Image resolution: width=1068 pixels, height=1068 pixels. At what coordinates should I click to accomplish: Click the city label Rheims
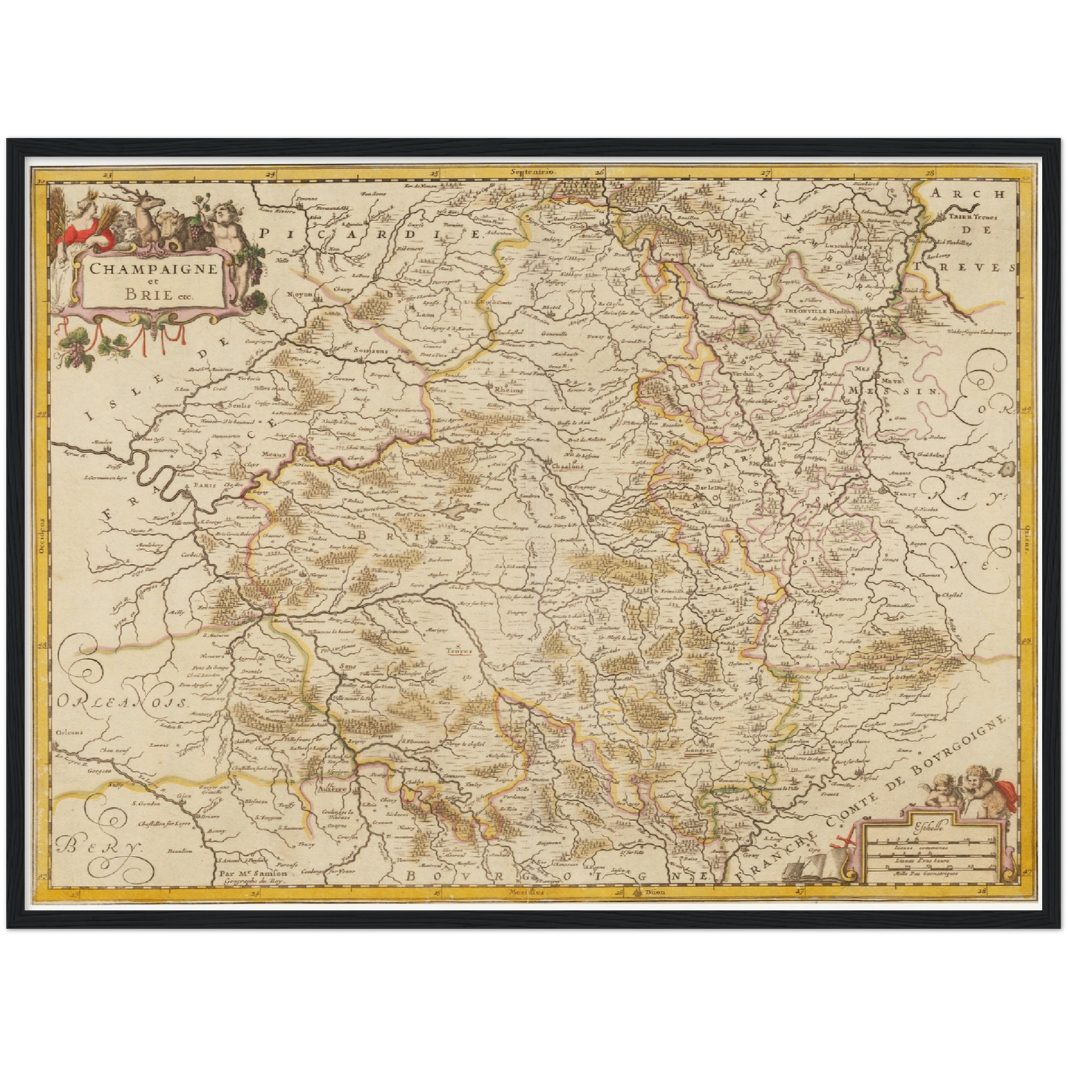pyautogui.click(x=509, y=389)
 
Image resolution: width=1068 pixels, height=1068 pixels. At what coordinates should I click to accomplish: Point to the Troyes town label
pyautogui.click(x=458, y=651)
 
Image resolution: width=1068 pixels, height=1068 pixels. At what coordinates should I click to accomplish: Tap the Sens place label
pyautogui.click(x=347, y=666)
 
